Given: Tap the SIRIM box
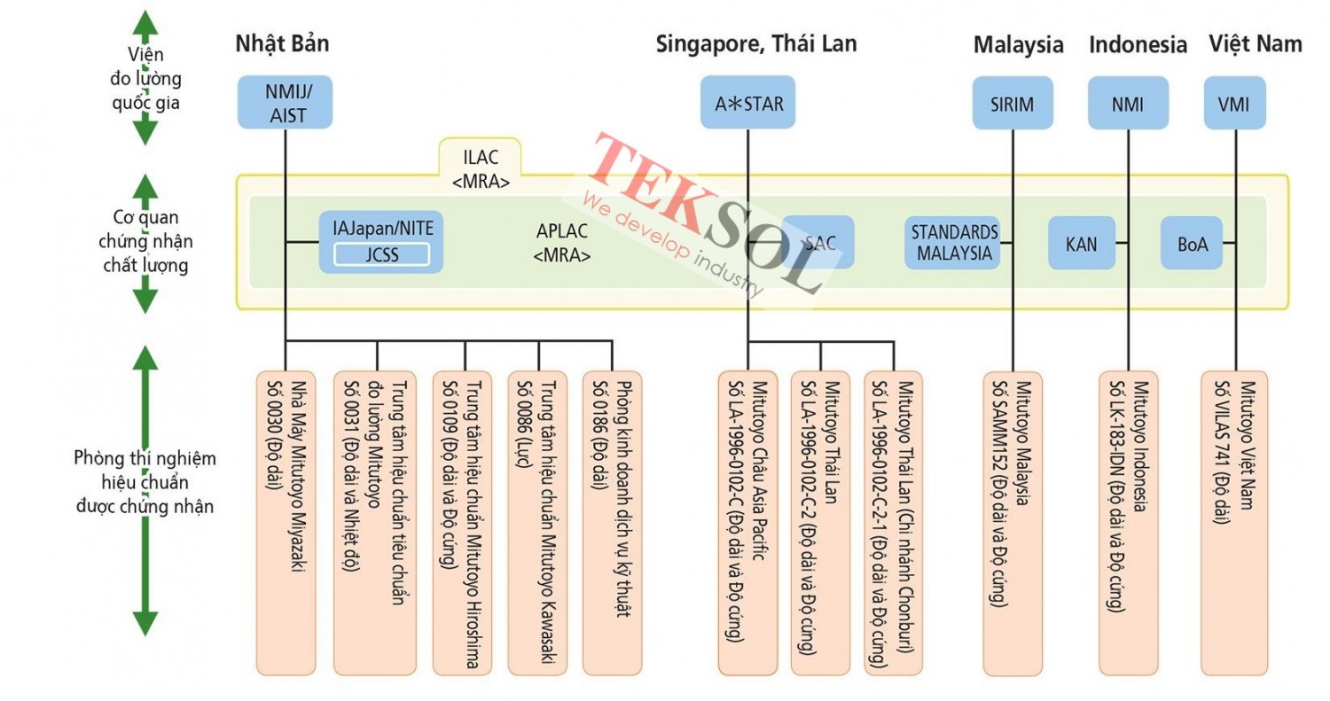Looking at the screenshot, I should point(1012,103).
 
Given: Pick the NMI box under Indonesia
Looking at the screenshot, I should point(1127,103).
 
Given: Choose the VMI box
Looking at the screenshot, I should point(1233,103).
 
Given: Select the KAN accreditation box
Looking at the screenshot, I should point(1081,242).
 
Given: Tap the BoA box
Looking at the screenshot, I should point(1191,242).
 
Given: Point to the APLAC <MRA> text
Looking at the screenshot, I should point(562,241).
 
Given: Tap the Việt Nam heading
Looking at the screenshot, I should point(1255,43).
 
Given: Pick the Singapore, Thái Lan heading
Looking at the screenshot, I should point(756,43).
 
